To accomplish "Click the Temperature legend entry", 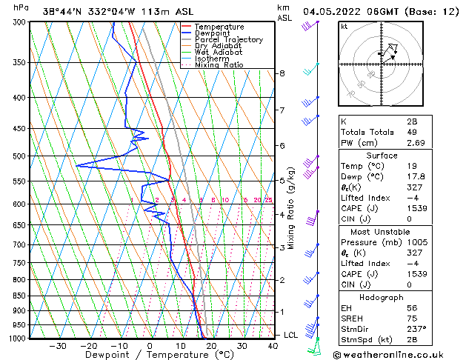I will click(x=221, y=27).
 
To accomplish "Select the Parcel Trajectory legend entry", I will click(x=228, y=40).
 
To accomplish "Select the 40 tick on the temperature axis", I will click(x=273, y=346).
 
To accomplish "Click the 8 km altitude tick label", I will click(x=282, y=73).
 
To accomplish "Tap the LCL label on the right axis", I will click(x=291, y=335).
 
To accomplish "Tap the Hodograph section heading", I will click(x=382, y=297).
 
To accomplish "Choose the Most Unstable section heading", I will click(x=382, y=231).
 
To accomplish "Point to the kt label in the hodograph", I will click(x=344, y=26).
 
